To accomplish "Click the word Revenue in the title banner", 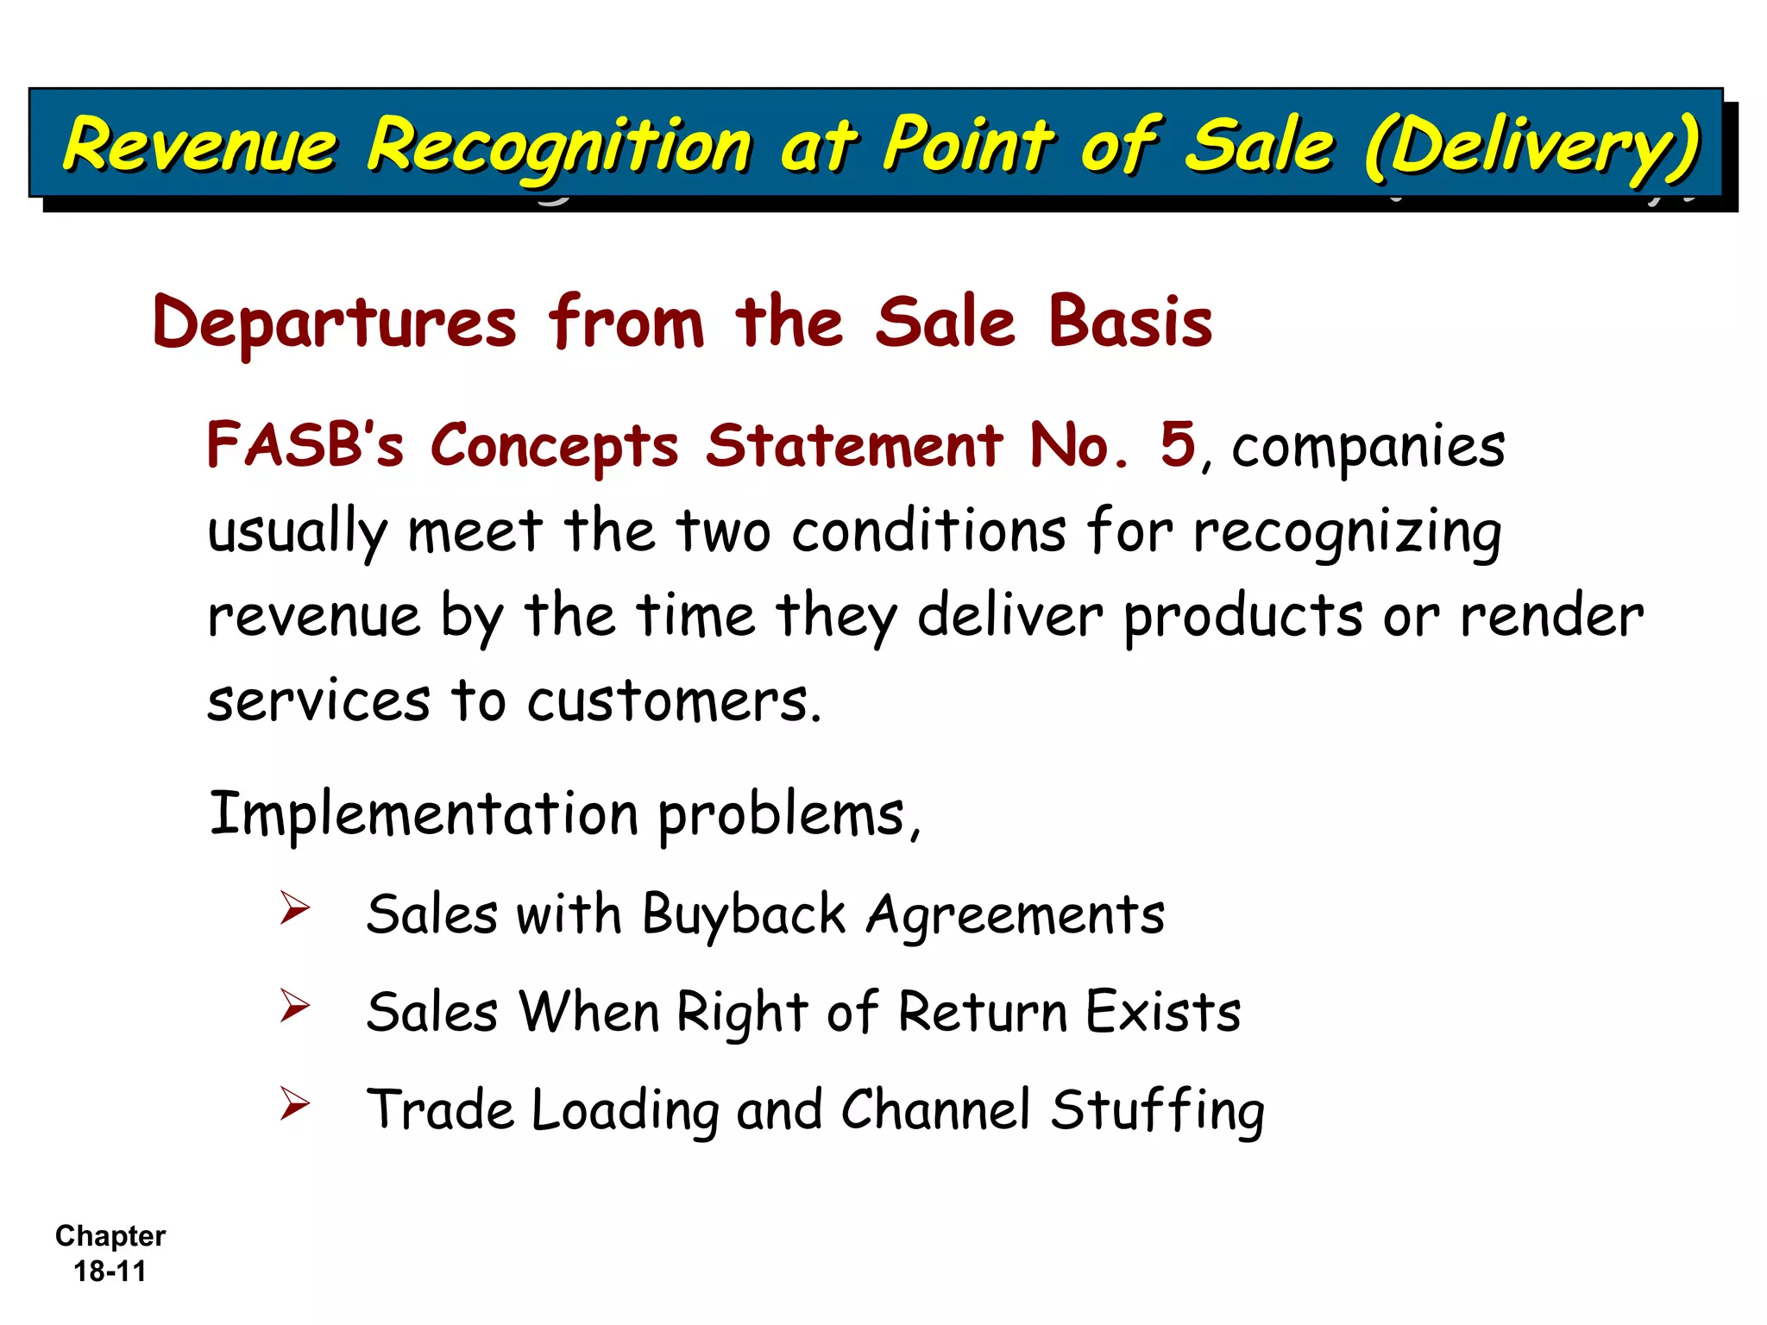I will pyautogui.click(x=200, y=144).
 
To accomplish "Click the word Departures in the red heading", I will pyautogui.click(x=335, y=323).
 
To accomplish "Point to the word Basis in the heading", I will pyautogui.click(x=1130, y=322).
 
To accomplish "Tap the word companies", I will pyautogui.click(x=1368, y=449).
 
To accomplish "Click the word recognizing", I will pyautogui.click(x=1347, y=533).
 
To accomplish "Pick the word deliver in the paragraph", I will pyautogui.click(x=1009, y=617).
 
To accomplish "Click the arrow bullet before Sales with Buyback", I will pyautogui.click(x=294, y=908).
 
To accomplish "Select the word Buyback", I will pyautogui.click(x=744, y=916).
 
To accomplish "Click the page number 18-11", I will pyautogui.click(x=110, y=1272).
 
